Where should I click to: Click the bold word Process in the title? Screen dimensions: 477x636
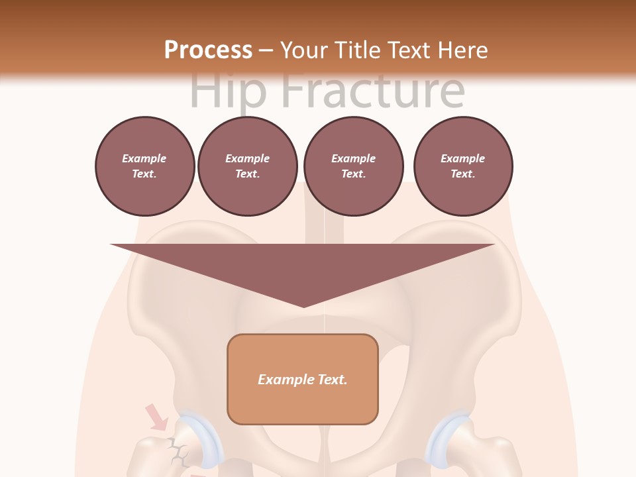coord(208,50)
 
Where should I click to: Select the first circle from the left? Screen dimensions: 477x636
coord(145,166)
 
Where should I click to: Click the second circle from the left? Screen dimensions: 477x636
coord(248,166)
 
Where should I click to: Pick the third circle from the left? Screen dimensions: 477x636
coord(354,166)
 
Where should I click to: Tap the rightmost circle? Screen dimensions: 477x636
coord(463,166)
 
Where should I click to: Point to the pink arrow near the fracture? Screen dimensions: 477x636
coord(158,417)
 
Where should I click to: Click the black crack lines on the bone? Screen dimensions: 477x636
coord(178,452)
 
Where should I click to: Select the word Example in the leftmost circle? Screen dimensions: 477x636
coord(144,158)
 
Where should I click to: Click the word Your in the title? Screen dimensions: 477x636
coord(301,50)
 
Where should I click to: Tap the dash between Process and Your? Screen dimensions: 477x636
coord(266,50)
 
